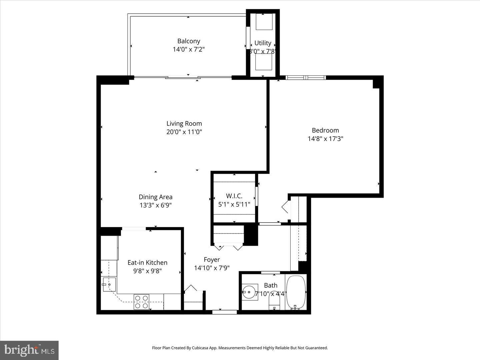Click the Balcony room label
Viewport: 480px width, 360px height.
[x=189, y=41]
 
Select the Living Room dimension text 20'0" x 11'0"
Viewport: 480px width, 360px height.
[x=184, y=132]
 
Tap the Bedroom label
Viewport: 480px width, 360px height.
[x=325, y=130]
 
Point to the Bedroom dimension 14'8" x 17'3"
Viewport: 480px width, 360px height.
[x=325, y=139]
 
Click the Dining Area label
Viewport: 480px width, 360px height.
[x=156, y=197]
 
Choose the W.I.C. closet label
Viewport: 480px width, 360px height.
[x=234, y=196]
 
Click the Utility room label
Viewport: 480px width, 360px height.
[x=263, y=43]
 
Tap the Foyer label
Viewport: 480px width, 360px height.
[x=212, y=260]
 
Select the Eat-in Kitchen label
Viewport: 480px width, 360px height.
[x=147, y=263]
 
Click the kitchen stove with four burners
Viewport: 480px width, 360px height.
[x=141, y=302]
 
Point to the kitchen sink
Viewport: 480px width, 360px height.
[x=109, y=284]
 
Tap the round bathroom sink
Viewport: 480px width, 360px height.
[x=249, y=292]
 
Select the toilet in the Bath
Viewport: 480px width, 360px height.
[x=274, y=303]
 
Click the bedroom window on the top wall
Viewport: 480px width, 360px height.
[x=306, y=78]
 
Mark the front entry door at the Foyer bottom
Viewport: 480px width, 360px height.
[x=224, y=312]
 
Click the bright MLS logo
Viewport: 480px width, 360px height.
[x=29, y=350]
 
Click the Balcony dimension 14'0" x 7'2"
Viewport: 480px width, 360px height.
[x=189, y=49]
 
